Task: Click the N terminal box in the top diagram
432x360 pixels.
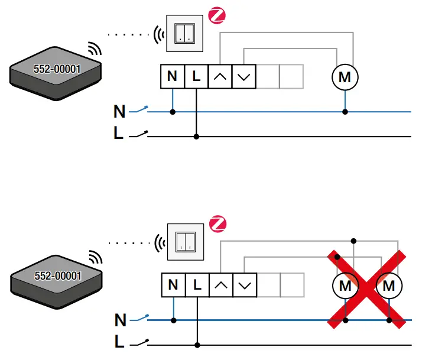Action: point(172,76)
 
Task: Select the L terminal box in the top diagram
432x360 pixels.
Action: point(196,76)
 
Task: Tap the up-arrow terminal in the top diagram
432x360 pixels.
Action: point(220,76)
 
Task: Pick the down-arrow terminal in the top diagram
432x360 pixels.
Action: point(244,76)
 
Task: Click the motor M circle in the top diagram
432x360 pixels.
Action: point(345,77)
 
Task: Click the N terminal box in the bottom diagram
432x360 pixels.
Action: point(173,285)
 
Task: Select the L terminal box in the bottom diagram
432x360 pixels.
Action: point(197,285)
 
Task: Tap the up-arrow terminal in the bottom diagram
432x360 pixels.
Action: point(222,285)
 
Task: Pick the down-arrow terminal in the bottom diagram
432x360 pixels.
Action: point(245,285)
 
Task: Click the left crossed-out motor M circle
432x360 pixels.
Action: point(345,286)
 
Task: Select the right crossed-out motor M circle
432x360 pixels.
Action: point(389,286)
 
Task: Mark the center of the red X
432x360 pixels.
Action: point(367,287)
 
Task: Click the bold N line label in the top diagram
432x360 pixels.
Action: point(119,111)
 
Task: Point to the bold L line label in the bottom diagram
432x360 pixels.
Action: point(119,343)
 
